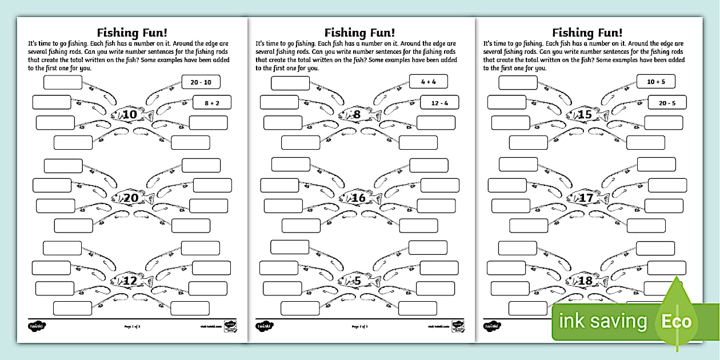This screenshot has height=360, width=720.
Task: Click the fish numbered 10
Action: (131, 115)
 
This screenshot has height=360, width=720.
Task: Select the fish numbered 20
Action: (132, 198)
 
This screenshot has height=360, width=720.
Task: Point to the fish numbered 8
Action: (358, 115)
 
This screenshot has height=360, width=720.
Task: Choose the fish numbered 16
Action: (359, 198)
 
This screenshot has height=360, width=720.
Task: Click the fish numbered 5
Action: (358, 281)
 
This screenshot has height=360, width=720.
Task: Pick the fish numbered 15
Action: (586, 115)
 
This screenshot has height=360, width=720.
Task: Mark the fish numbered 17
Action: (587, 198)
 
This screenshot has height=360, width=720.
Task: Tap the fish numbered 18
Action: (586, 281)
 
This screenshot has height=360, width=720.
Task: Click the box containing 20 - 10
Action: (201, 82)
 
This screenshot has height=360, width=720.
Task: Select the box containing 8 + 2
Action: (212, 103)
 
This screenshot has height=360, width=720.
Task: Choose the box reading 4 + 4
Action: (429, 82)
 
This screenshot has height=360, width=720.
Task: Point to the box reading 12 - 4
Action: (439, 103)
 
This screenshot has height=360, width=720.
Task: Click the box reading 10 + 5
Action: (656, 82)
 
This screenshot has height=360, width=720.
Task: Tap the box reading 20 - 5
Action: (667, 103)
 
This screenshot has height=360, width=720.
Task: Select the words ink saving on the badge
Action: (603, 322)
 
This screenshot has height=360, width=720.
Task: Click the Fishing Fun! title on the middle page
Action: (360, 33)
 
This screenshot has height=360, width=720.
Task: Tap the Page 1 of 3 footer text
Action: (132, 327)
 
